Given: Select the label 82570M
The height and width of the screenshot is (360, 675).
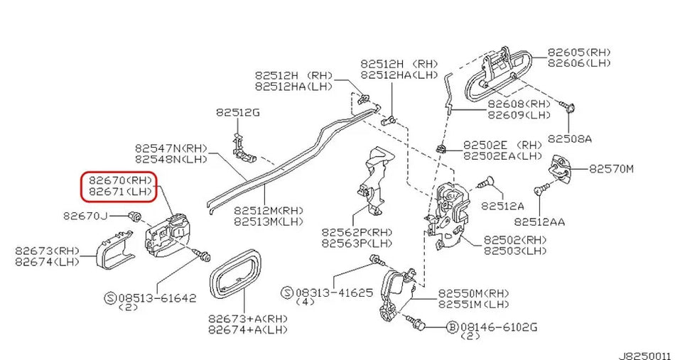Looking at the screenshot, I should click(611, 168).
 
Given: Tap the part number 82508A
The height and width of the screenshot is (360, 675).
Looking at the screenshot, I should click(569, 139).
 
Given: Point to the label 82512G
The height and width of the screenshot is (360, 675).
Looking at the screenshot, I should click(238, 112).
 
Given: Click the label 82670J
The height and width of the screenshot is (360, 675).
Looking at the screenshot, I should click(85, 215).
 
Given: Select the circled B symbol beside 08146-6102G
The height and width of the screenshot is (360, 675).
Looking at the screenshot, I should click(451, 327).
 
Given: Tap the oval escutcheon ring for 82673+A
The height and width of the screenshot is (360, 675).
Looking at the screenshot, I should click(234, 278).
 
